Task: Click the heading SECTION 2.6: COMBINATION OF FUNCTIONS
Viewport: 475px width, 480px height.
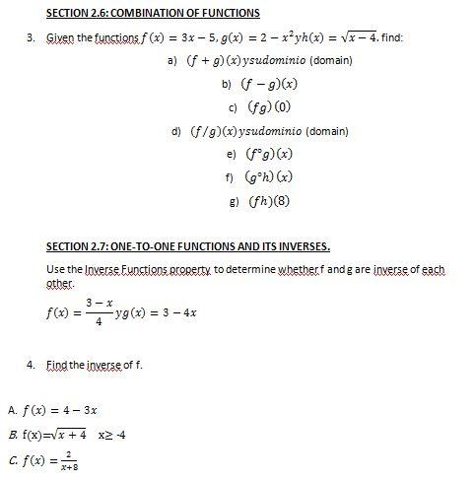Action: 153,13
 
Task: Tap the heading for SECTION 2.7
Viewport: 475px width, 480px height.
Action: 188,245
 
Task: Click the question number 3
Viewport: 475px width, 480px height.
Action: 31,38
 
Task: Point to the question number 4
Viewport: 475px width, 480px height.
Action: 31,366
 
